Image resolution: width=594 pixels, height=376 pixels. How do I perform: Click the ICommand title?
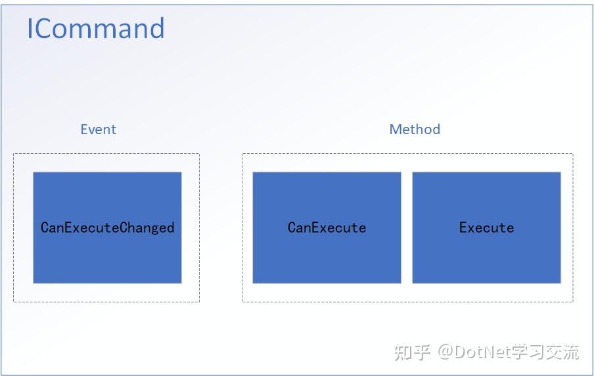point(95,29)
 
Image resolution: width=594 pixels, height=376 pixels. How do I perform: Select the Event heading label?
point(98,129)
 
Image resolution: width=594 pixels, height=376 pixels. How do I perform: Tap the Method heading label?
point(415,129)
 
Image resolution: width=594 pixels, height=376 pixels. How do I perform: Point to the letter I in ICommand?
point(30,29)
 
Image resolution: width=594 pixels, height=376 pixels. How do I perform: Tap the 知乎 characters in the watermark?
point(412,352)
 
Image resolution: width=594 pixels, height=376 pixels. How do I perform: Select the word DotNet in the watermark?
point(485,352)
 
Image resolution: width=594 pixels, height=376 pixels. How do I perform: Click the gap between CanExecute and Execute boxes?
point(407,227)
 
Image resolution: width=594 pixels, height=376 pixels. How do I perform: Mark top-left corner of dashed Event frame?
point(14,154)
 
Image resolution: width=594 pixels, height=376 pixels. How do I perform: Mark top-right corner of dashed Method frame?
point(573,154)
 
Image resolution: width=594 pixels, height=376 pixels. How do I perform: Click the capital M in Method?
point(396,129)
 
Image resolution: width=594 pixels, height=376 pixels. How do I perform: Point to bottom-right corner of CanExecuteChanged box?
point(181,283)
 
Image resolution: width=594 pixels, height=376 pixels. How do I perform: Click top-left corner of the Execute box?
point(413,173)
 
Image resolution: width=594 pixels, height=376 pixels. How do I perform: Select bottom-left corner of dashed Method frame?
point(242,302)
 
